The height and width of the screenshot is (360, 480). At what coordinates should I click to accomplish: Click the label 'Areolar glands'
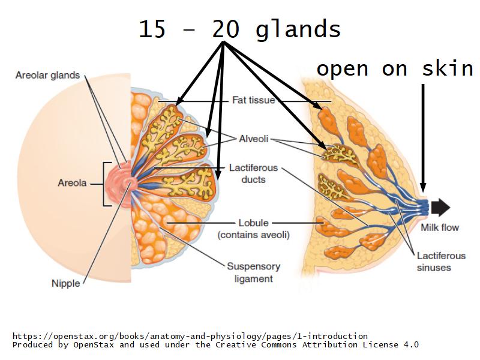pos(47,76)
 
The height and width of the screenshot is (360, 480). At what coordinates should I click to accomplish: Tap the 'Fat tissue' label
pos(253,100)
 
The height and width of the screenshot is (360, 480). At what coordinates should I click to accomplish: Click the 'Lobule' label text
pos(253,223)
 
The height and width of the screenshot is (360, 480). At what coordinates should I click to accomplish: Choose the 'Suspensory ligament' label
pos(253,272)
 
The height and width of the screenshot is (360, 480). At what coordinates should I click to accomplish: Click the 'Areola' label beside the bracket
pos(73,183)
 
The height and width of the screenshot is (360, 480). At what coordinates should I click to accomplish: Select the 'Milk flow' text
pos(439,227)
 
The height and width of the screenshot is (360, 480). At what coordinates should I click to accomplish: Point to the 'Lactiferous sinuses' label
pos(441,261)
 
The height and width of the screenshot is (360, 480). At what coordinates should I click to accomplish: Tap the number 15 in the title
pos(152,29)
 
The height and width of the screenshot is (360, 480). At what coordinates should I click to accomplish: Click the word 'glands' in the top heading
pos(298,29)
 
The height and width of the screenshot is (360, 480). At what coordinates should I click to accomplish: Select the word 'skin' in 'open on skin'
pos(451,69)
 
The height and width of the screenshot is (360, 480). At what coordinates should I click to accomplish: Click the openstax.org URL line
pos(190,335)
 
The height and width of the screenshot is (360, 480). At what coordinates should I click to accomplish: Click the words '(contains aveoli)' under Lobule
pos(253,235)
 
